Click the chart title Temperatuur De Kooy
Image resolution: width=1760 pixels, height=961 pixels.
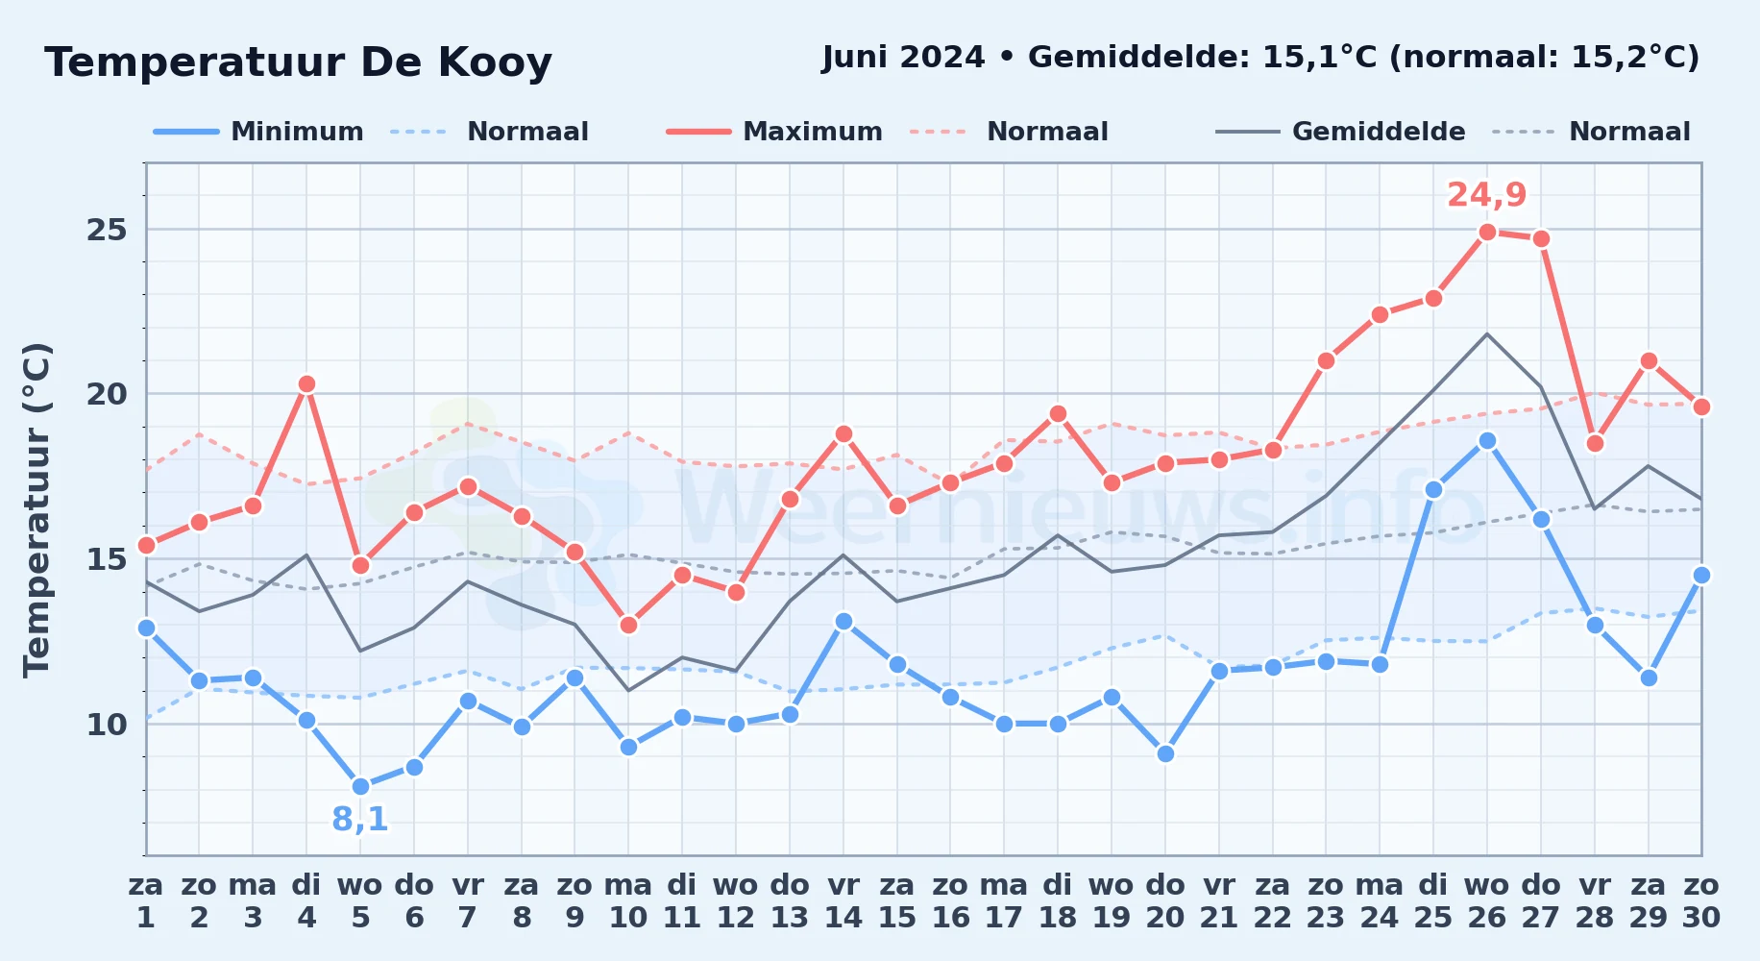pos(298,62)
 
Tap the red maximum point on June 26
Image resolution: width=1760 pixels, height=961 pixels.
pos(1487,232)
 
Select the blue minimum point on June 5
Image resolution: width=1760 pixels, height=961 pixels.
pos(360,786)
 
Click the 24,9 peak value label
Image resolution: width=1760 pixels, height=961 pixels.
pos(1486,195)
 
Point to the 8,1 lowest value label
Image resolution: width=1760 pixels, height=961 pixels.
pos(360,820)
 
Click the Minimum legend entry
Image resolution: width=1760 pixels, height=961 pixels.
pos(258,132)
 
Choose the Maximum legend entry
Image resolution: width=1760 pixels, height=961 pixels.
pos(774,132)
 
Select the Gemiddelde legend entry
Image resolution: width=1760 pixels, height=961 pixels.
pos(1340,132)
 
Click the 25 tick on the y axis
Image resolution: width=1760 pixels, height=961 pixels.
pos(107,230)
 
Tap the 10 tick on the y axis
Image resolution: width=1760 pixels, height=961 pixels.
pos(107,724)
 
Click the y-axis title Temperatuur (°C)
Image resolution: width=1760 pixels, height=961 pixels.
pos(37,509)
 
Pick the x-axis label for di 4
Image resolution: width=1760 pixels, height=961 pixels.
pos(306,901)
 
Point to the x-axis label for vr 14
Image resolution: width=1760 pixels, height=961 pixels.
pos(843,901)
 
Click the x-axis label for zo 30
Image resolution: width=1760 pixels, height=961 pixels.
pos(1700,901)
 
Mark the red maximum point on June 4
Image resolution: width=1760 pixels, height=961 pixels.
pos(306,384)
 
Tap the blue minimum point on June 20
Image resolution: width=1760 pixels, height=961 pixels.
pos(1165,753)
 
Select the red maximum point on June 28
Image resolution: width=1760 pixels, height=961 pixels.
pos(1595,443)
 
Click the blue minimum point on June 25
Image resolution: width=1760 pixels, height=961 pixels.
pos(1433,489)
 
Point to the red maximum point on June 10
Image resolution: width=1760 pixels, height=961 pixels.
pos(628,625)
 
